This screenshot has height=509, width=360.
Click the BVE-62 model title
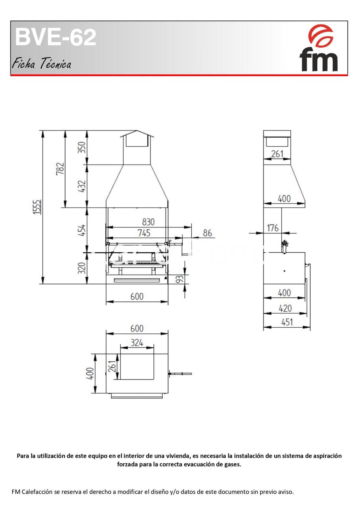coord(55,37)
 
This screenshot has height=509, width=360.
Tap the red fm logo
coord(319,48)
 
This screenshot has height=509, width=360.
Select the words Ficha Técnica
coord(41,63)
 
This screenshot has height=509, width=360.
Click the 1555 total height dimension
coord(37,207)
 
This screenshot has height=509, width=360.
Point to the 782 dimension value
coord(60,169)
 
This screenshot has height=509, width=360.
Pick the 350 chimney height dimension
coord(81,147)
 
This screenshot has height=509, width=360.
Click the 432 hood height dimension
coord(81,186)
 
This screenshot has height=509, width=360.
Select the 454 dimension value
coord(81,230)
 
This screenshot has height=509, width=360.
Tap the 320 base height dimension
coord(81,268)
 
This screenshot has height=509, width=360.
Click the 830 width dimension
coord(148,222)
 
